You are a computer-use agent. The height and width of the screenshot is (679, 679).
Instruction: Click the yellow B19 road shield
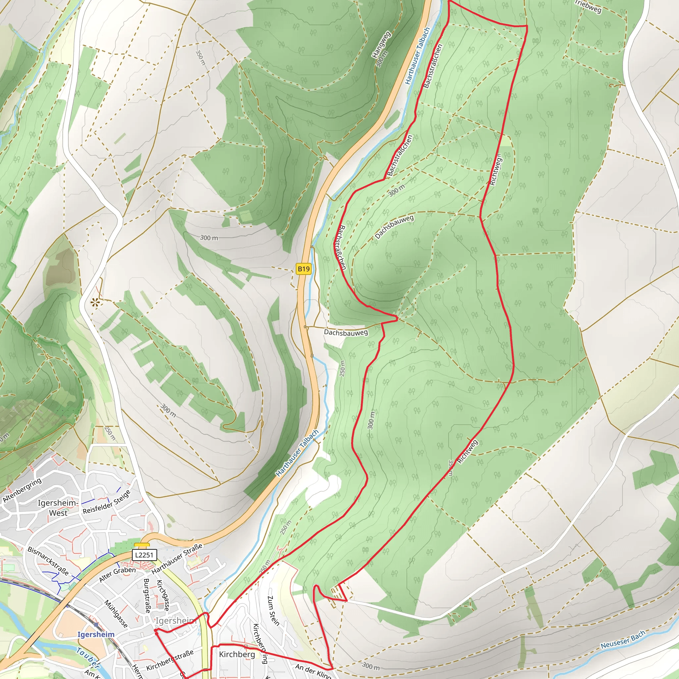tap(304, 269)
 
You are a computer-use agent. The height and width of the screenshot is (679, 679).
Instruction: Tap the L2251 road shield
tap(145, 555)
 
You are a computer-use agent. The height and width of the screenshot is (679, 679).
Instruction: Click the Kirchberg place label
tap(237, 654)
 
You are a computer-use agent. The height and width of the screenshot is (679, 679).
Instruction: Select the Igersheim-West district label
tap(58, 508)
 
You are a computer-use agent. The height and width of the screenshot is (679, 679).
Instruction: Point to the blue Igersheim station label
tap(96, 634)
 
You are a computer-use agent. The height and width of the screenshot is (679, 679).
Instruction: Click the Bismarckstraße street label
tap(48, 561)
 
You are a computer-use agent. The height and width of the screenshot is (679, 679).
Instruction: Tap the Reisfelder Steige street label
tap(107, 502)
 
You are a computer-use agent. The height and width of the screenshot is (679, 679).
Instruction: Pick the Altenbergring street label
tap(22, 490)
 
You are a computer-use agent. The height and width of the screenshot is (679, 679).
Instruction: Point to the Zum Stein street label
tap(274, 610)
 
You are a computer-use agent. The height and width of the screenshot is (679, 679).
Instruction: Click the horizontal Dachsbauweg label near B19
tap(346, 332)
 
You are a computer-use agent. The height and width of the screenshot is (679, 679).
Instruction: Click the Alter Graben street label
tap(117, 574)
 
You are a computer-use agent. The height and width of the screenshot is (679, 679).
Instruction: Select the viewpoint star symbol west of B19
tap(94, 302)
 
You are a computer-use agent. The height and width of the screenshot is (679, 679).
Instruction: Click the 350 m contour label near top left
tap(200, 58)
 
